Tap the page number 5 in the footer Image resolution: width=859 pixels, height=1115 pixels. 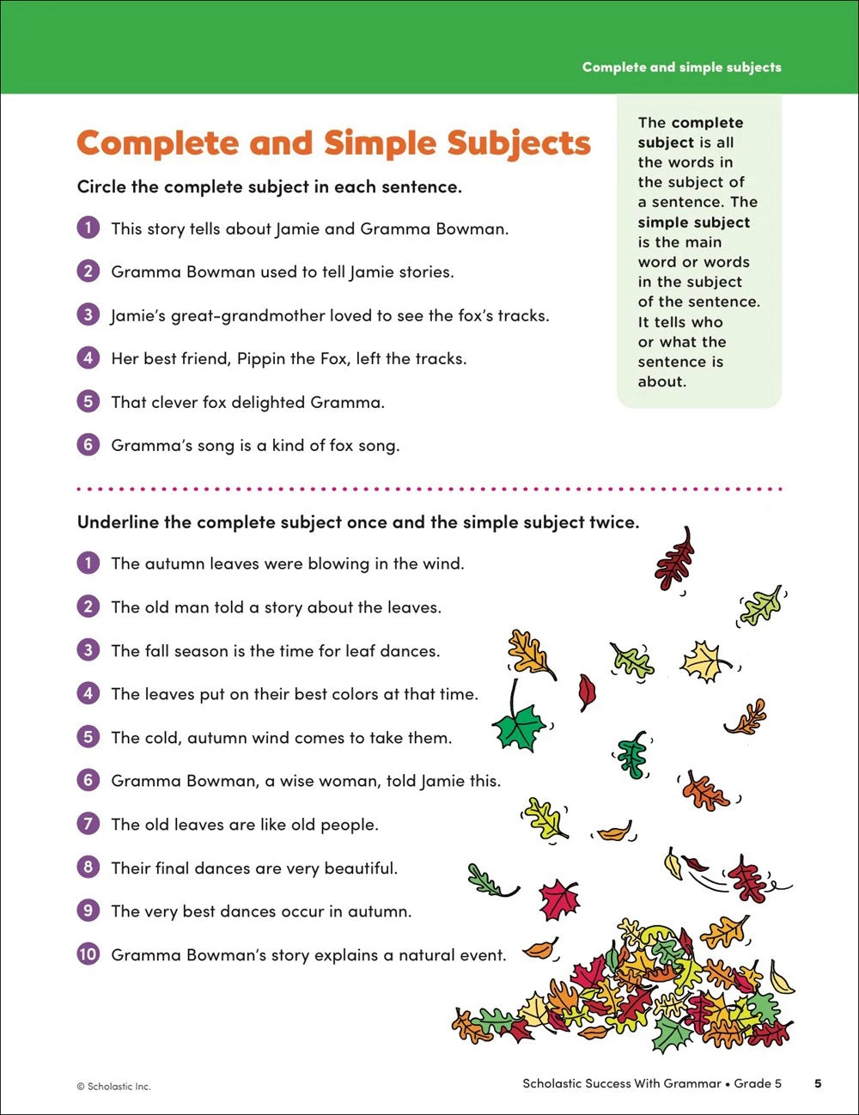pyautogui.click(x=818, y=1083)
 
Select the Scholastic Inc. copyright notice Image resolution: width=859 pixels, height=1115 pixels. pyautogui.click(x=113, y=1086)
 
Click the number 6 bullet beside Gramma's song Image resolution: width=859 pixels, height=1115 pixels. pyautogui.click(x=88, y=444)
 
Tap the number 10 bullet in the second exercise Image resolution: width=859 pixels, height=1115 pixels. pyautogui.click(x=88, y=954)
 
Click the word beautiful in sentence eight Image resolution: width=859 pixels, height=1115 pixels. pyautogui.click(x=361, y=868)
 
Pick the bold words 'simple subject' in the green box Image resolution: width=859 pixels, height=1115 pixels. pyautogui.click(x=693, y=222)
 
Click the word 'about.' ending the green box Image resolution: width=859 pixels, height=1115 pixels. pyautogui.click(x=661, y=381)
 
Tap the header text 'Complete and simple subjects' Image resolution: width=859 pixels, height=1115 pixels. pyautogui.click(x=681, y=67)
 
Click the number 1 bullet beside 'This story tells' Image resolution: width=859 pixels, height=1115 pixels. pyautogui.click(x=88, y=228)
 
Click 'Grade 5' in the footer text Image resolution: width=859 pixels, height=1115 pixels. pyautogui.click(x=758, y=1083)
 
